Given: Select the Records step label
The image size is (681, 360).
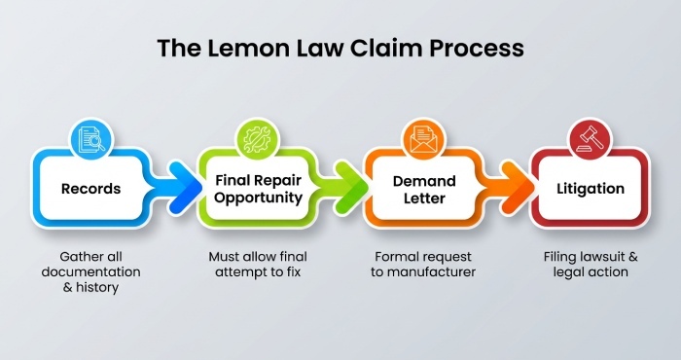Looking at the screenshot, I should [x=92, y=188].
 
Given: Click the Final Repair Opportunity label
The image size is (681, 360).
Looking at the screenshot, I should [x=259, y=188].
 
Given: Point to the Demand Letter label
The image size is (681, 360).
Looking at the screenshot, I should [x=423, y=188].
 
